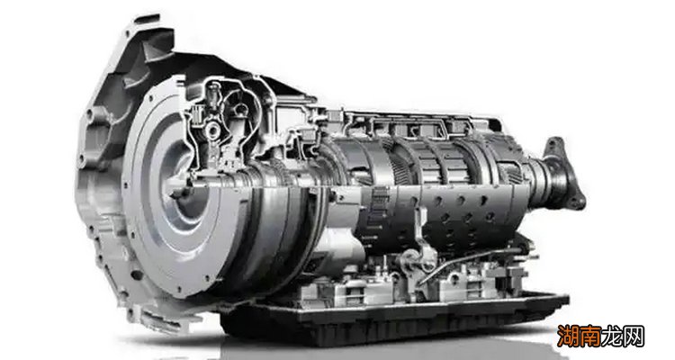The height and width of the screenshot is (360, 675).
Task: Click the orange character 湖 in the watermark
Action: tap(568, 337)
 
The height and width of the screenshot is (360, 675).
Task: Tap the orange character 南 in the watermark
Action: tap(589, 337)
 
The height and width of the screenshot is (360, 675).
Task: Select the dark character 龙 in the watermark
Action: tap(611, 337)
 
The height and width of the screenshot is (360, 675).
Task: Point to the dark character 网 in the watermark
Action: tap(633, 337)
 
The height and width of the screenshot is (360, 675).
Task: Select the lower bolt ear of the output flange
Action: tap(578, 202)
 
